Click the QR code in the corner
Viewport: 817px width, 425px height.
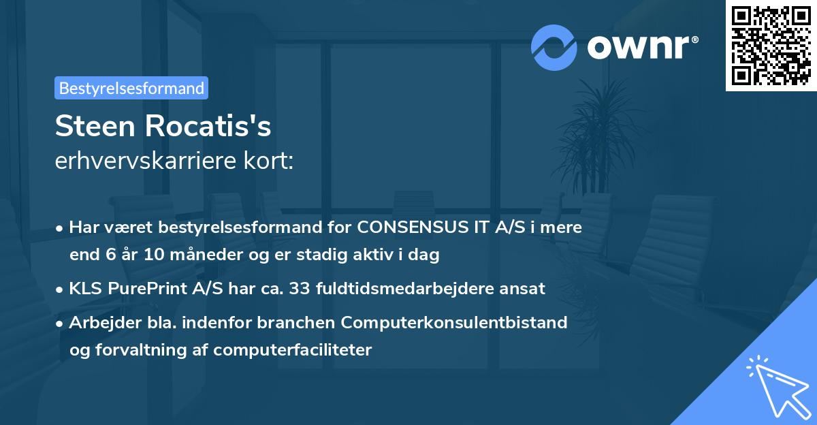pos(771,46)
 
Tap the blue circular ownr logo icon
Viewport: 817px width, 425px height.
pos(554,48)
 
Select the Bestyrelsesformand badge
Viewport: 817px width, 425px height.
pos(131,88)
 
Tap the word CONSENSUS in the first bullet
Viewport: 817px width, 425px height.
pos(410,227)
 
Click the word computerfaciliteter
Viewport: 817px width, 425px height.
pos(292,350)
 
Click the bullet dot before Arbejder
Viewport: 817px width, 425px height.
pos(60,323)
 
